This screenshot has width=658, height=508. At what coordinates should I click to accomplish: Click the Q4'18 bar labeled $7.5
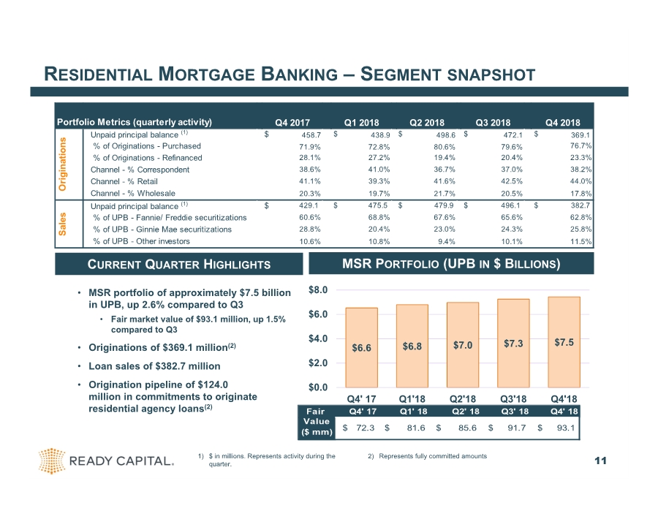click(564, 341)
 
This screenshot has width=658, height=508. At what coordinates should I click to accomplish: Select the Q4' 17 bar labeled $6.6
click(361, 347)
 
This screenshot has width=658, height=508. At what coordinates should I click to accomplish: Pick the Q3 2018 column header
click(494, 122)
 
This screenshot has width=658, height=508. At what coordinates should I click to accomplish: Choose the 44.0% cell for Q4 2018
click(580, 181)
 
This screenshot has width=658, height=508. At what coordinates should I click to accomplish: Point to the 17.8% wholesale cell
click(580, 193)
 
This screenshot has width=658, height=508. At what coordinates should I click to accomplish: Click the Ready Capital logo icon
click(53, 460)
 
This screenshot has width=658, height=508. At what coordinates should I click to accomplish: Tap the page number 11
click(601, 460)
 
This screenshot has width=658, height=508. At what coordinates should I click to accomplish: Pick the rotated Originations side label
click(63, 164)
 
